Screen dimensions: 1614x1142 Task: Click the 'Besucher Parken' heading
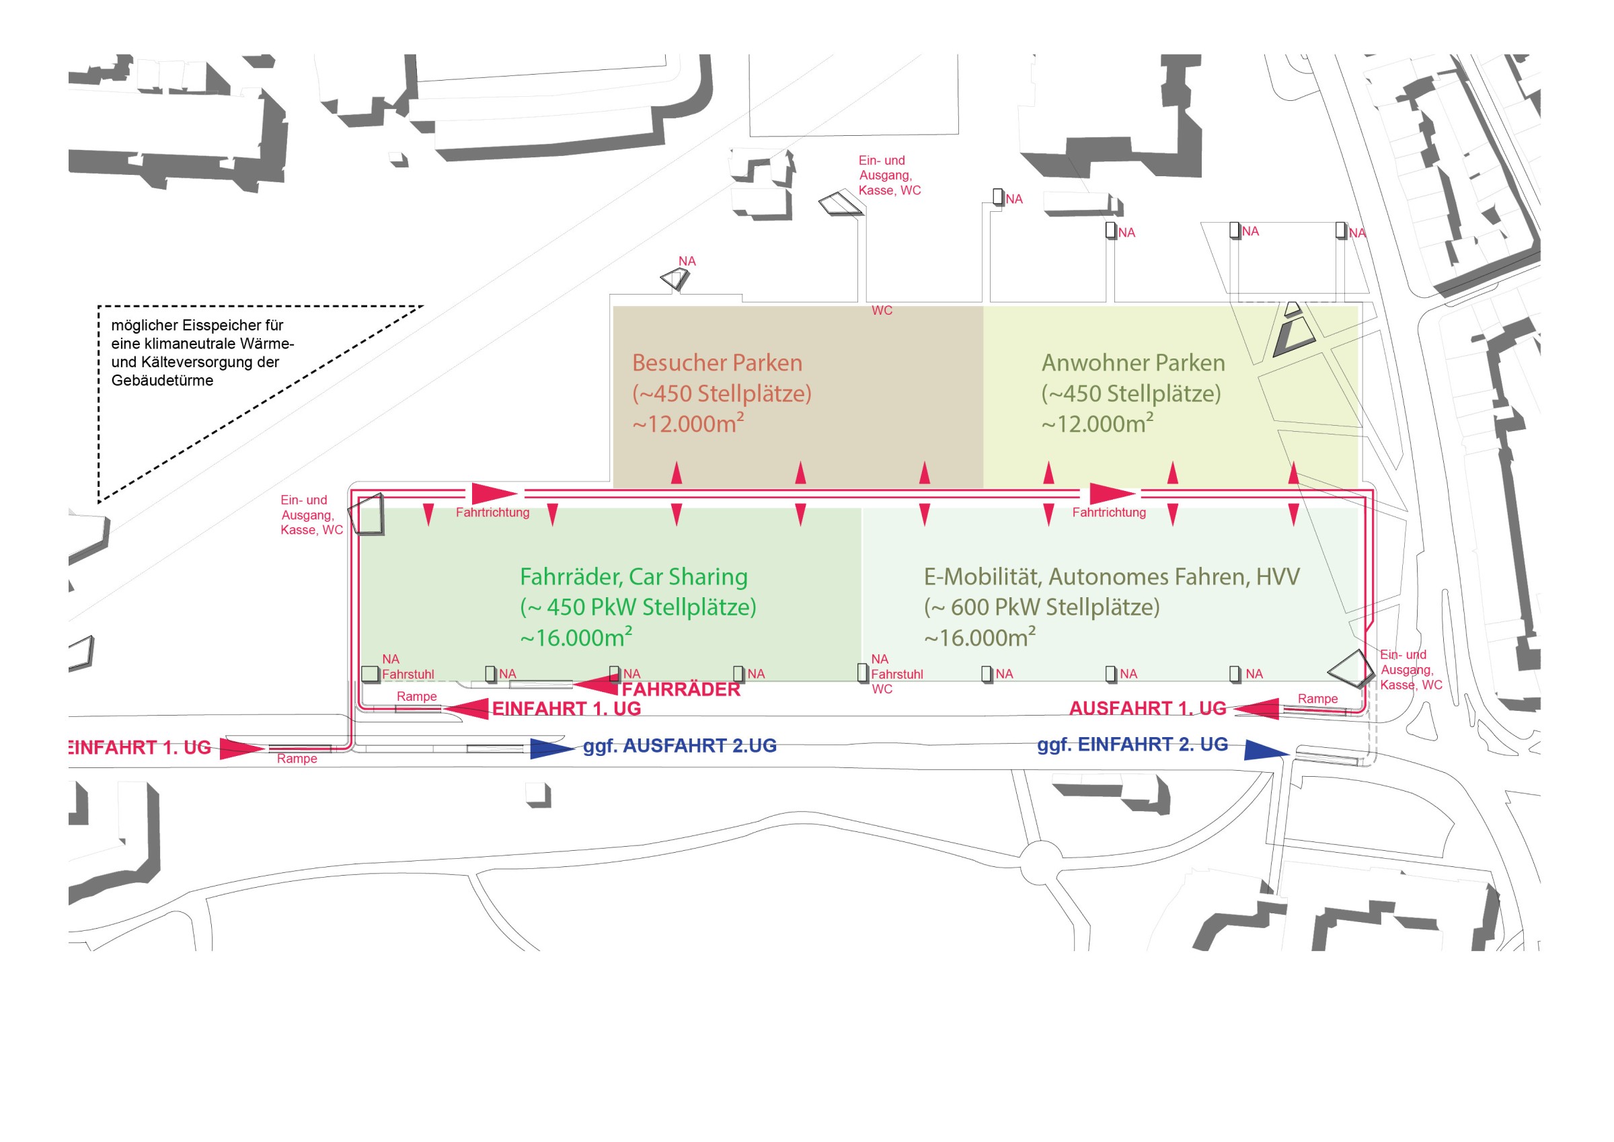(x=717, y=363)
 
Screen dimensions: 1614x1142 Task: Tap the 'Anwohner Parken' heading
(x=1133, y=363)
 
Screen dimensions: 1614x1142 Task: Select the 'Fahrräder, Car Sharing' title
(x=633, y=577)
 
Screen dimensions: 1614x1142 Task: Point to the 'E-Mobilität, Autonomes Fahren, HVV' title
(x=1112, y=577)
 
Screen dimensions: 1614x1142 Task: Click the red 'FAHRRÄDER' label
(x=681, y=690)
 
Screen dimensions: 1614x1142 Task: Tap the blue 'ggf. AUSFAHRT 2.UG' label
(x=680, y=746)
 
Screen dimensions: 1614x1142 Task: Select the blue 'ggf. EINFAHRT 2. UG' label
(x=1132, y=745)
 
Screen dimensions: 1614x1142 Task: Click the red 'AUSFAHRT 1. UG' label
(x=1147, y=709)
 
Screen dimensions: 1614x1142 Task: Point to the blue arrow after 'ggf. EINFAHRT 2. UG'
(x=1266, y=751)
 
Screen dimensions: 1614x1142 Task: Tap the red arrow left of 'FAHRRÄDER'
(x=596, y=684)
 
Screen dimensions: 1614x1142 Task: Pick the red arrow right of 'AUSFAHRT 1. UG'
(x=1256, y=709)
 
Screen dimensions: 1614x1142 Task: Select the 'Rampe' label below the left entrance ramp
(x=297, y=759)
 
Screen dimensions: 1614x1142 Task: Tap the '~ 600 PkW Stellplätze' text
(x=1042, y=607)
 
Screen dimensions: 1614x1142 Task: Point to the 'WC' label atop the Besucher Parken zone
(x=882, y=311)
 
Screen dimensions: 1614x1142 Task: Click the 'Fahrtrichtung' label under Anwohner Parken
(x=1108, y=512)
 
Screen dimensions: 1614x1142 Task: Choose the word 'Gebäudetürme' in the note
(x=162, y=381)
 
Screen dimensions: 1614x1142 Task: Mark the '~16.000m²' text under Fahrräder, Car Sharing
(x=576, y=637)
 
